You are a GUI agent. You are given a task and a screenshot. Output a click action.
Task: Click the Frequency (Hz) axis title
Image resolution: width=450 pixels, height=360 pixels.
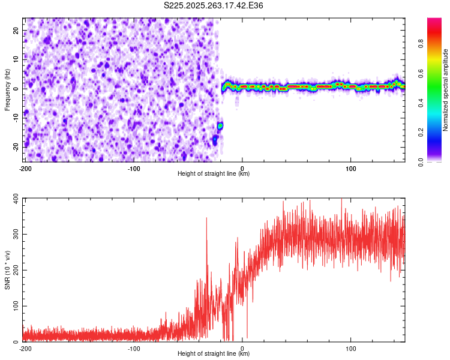[8, 89]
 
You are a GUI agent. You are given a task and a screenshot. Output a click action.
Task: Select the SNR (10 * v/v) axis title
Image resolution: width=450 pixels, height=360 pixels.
[8, 269]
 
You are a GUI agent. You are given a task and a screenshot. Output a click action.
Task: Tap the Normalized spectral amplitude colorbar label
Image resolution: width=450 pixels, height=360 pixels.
[446, 89]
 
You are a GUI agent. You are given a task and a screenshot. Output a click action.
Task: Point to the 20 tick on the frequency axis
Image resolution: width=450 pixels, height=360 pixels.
[17, 31]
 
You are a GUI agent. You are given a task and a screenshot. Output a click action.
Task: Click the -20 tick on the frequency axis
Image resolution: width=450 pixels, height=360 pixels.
[16, 146]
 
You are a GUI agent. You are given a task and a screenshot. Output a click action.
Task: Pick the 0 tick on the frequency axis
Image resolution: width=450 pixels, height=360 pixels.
[19, 89]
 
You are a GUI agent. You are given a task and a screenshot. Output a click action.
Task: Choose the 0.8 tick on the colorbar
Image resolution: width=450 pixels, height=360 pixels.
[438, 44]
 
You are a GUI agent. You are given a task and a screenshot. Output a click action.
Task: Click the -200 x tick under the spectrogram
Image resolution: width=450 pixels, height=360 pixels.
[26, 168]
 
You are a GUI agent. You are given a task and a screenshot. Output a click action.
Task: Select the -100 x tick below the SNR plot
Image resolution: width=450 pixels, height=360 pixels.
[134, 348]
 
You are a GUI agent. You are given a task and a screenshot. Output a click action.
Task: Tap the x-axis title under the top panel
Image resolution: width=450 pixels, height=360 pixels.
[214, 174]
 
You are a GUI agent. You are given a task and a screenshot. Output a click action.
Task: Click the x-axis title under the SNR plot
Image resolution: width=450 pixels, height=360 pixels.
[214, 354]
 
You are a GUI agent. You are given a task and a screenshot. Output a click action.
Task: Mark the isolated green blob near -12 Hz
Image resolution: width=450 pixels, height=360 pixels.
[220, 125]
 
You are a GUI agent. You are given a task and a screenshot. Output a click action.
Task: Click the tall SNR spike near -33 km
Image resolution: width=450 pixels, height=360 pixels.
[206, 218]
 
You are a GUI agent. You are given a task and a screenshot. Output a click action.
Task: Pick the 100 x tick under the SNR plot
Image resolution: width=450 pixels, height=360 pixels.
[351, 348]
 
